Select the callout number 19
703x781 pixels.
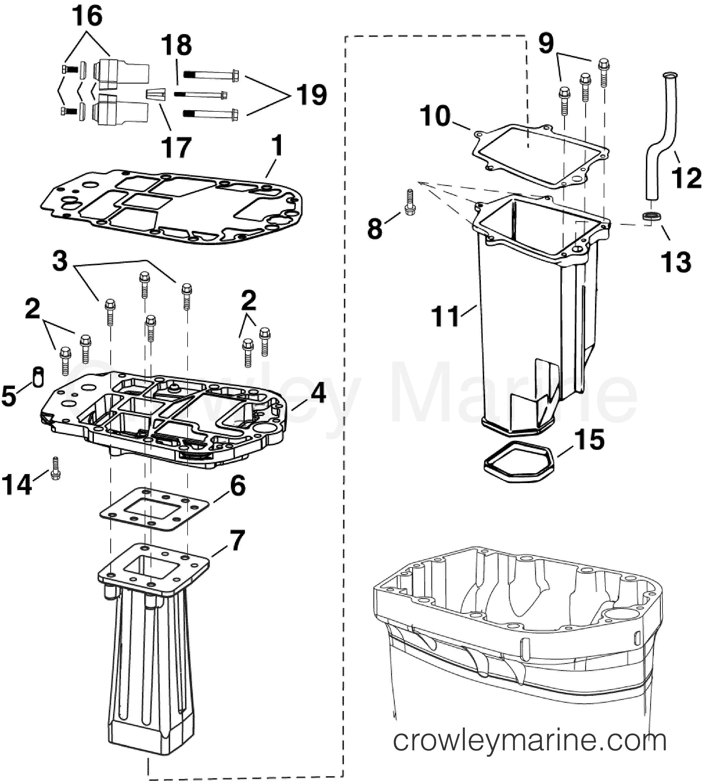[311, 95]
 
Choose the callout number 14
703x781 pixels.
[17, 484]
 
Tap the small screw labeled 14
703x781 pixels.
[55, 468]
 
